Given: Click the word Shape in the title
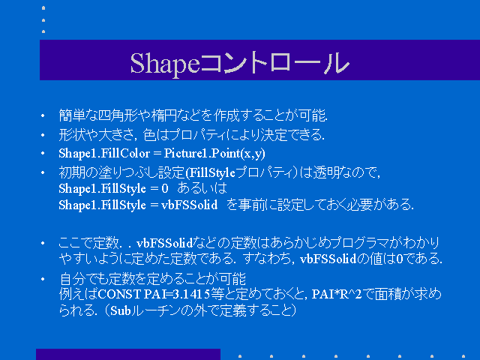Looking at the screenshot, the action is point(165,64).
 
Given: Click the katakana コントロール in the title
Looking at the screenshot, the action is point(274,63).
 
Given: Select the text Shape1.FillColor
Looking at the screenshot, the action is point(104,153).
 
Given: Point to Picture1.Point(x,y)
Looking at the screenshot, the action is point(214,154).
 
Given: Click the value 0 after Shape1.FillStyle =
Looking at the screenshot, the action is point(165,189).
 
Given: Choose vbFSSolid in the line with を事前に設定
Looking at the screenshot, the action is point(190,205).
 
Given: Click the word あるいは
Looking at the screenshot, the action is point(202,188).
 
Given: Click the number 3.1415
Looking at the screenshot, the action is point(191,294).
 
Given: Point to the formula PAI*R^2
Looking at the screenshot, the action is point(337,294).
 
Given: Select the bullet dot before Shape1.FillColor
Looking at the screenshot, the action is point(43,153).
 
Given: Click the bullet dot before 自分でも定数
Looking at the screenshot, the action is point(43,279).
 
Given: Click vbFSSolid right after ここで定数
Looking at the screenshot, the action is point(165,243).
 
